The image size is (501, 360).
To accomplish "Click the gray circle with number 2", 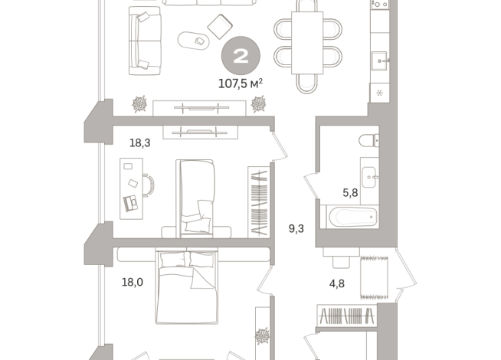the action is [x=241, y=56].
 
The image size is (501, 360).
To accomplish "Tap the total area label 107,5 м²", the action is [x=241, y=83].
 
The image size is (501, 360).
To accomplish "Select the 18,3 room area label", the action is [x=139, y=142].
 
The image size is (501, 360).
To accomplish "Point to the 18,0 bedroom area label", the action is [x=133, y=282].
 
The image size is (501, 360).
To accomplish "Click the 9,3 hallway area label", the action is [x=296, y=229].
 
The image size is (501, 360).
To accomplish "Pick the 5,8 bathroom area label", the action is [x=350, y=192].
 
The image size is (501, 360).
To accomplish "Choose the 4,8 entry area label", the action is [x=337, y=283].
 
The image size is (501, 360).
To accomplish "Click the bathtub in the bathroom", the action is [x=352, y=217].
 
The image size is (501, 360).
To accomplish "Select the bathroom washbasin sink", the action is [x=370, y=177].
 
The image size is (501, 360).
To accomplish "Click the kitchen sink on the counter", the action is [x=379, y=61].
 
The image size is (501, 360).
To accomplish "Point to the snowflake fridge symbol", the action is [x=380, y=93].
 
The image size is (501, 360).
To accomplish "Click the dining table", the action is [x=307, y=43].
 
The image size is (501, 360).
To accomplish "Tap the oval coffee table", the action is [x=194, y=41].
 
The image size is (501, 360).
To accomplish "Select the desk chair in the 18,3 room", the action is [x=149, y=185].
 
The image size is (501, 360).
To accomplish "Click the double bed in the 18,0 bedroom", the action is [x=187, y=286].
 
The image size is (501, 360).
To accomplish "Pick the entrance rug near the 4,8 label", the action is [x=374, y=277].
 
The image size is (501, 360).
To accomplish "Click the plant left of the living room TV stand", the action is [x=139, y=104].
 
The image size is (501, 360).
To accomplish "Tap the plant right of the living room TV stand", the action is [x=258, y=104].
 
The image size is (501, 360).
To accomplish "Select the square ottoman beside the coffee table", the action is [x=220, y=27].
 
